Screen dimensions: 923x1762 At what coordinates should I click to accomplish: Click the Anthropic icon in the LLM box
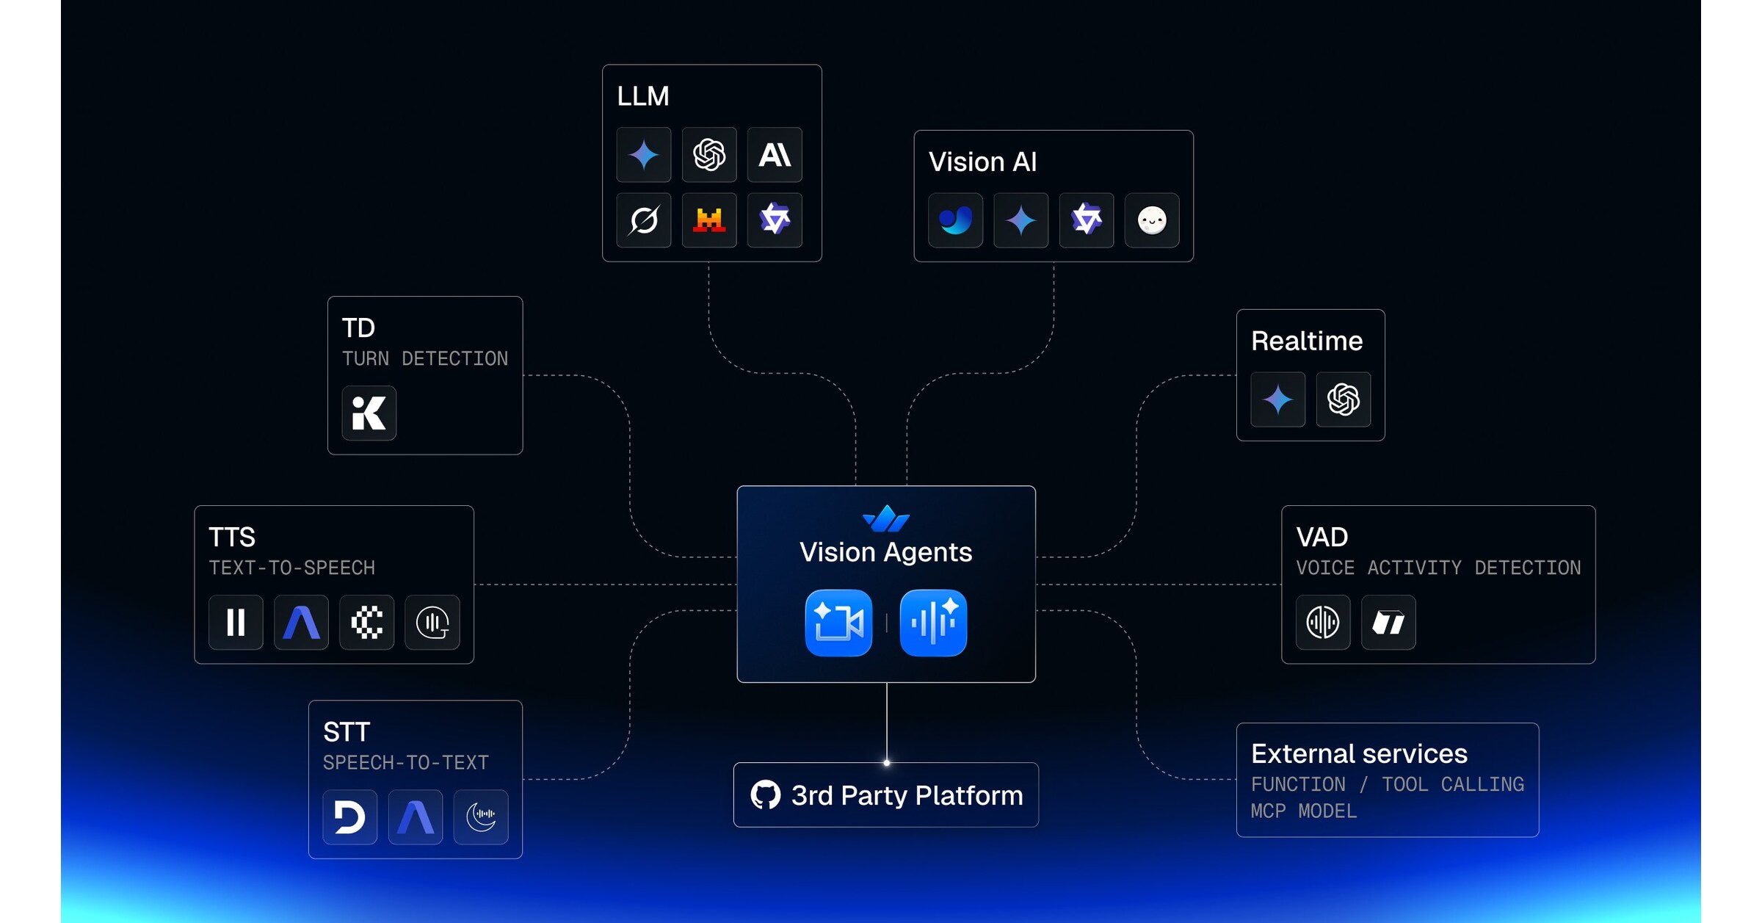[775, 155]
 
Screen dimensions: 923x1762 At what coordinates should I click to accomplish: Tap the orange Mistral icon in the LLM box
[709, 220]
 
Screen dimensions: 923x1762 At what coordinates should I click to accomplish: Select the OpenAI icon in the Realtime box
[1343, 399]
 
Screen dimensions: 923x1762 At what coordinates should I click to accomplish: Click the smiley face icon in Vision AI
[1152, 220]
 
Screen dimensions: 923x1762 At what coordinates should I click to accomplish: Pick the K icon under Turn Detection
[369, 413]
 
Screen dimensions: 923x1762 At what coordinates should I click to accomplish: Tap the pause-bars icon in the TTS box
[236, 622]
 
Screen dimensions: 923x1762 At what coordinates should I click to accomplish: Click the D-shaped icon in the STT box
[349, 817]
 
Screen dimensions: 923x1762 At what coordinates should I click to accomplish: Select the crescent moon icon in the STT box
[481, 817]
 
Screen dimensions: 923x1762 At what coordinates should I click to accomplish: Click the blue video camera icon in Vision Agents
[838, 623]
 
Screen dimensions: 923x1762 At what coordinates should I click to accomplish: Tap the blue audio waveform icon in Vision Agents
[933, 623]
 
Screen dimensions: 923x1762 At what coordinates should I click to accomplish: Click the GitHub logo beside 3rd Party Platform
[765, 795]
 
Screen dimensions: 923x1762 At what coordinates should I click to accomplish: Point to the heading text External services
[1359, 753]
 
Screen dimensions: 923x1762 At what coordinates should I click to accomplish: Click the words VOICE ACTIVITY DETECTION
[1437, 568]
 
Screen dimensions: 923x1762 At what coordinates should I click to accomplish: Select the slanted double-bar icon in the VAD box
[1388, 622]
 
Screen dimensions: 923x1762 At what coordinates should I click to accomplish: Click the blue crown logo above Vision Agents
[886, 518]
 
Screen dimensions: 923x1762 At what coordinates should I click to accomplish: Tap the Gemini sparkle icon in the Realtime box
[1277, 399]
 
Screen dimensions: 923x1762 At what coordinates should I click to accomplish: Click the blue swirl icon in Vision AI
[955, 220]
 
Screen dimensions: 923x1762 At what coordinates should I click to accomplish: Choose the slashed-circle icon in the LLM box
[644, 220]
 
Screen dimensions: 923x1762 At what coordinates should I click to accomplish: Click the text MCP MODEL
[1304, 811]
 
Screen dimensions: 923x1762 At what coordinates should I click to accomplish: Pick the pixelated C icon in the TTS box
[366, 622]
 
